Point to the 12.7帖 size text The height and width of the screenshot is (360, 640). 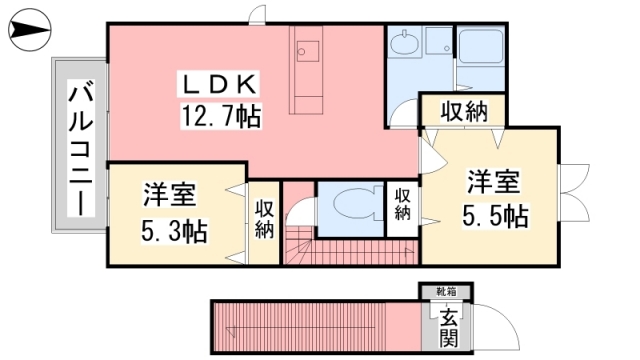pos(221,116)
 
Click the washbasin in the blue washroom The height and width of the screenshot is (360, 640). pos(404,45)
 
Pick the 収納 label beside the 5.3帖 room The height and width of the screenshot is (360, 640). pos(264,219)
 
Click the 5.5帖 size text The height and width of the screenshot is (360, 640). pos(494,215)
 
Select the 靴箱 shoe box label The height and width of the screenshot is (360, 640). pos(445,292)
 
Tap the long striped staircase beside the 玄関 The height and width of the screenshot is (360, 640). pos(310,325)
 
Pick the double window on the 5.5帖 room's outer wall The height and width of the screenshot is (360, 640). pos(571,181)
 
